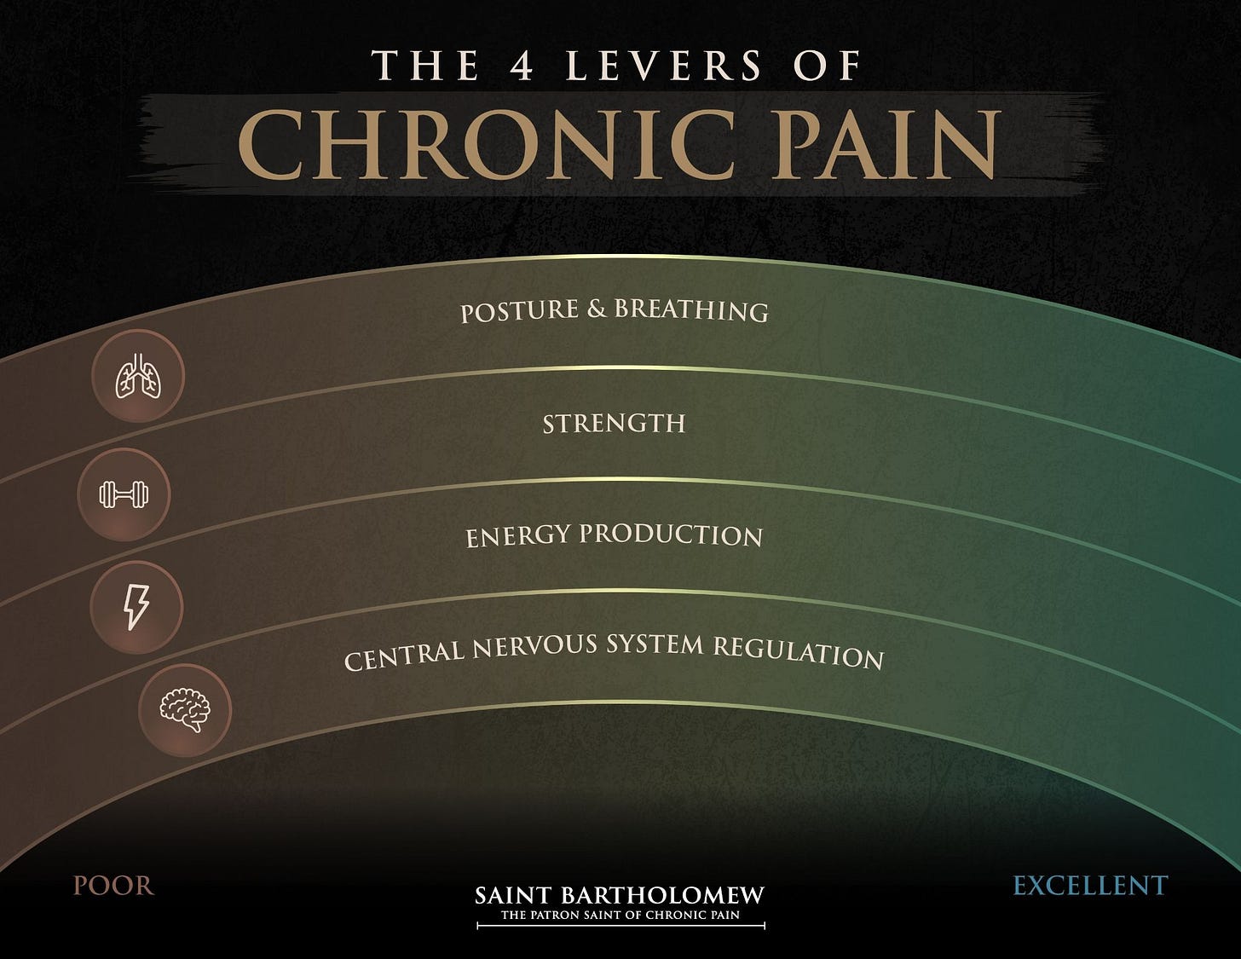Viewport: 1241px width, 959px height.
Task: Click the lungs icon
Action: [138, 376]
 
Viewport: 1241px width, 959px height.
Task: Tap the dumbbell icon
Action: [124, 494]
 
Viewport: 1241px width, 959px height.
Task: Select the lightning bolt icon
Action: [136, 607]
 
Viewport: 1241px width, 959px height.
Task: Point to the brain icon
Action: [185, 709]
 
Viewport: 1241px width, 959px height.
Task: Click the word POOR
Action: [113, 886]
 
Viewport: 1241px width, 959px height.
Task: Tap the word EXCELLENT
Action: [1089, 886]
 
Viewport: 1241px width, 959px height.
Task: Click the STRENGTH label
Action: [614, 423]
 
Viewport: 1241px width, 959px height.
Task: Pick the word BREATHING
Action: [691, 309]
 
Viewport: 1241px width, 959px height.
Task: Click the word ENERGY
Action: [517, 538]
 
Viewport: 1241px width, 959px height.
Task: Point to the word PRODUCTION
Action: [671, 534]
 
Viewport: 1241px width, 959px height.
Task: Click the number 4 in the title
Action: [522, 66]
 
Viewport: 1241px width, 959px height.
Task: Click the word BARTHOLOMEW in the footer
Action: [661, 895]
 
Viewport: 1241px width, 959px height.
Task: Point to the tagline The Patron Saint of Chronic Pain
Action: [620, 916]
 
